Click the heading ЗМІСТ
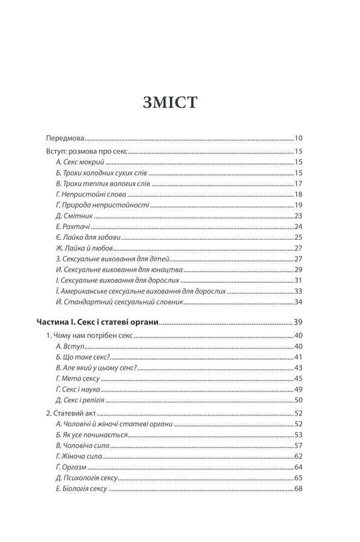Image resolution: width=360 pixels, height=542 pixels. (x=170, y=102)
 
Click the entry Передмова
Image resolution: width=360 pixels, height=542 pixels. (x=65, y=137)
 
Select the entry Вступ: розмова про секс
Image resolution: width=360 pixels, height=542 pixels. (x=86, y=152)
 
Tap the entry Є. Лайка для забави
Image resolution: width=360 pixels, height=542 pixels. (x=86, y=237)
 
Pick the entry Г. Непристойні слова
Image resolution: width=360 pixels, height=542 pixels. (x=90, y=194)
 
